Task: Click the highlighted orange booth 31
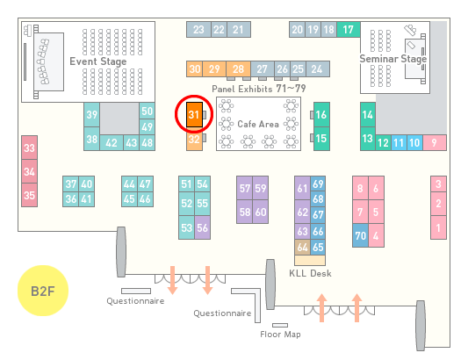[x=194, y=115]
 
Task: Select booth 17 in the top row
[x=349, y=30]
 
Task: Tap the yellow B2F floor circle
[x=43, y=291]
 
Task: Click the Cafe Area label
[x=258, y=124]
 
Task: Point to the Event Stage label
[x=98, y=61]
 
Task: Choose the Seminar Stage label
[x=393, y=59]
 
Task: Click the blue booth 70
[x=360, y=235]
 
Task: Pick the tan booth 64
[x=302, y=247]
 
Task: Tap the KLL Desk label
[x=310, y=273]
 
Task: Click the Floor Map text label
[x=280, y=334]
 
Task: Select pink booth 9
[x=435, y=143]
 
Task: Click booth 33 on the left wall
[x=29, y=148]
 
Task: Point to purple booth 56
[x=202, y=227]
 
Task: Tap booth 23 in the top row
[x=198, y=30]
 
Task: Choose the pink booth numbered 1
[x=438, y=227]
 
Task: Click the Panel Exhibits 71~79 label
[x=259, y=89]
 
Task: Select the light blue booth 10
[x=414, y=143]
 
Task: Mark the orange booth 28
[x=238, y=69]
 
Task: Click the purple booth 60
[x=261, y=212]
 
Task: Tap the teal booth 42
[x=112, y=143]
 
